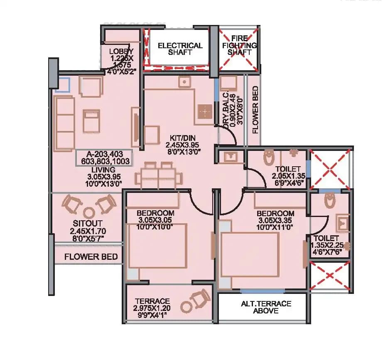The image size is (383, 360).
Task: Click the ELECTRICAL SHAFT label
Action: coord(180,49)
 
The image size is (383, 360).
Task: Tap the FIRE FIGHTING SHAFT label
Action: coord(239,45)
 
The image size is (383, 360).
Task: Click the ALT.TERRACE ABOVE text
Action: coord(266,307)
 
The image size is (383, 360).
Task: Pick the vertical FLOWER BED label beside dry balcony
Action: coord(255,109)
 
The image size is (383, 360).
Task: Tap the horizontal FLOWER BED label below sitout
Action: coord(91,256)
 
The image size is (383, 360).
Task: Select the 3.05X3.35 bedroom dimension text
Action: coord(276,220)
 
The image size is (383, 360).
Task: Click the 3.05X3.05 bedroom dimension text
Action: coord(155,220)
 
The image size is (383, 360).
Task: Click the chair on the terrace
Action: coord(200,300)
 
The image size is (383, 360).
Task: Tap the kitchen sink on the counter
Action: coord(184,82)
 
